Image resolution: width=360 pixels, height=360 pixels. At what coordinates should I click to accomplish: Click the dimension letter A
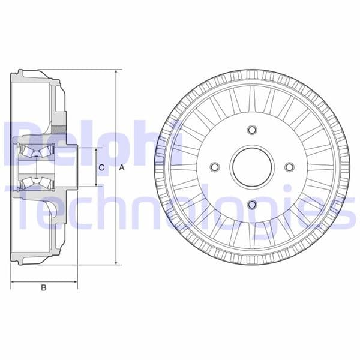(121, 167)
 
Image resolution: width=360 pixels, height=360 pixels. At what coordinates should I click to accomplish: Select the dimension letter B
(43, 288)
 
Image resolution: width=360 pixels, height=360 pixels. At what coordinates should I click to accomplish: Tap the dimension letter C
(101, 167)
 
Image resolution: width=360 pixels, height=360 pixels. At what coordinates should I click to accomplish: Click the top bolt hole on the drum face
(252, 130)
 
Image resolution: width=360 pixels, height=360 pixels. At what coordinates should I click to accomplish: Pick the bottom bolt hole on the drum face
(252, 205)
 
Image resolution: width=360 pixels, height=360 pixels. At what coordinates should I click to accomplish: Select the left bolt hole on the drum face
(214, 167)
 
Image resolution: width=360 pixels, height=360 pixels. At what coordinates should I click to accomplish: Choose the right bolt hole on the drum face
(290, 167)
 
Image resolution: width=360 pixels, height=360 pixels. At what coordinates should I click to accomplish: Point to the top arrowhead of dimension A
(115, 71)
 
